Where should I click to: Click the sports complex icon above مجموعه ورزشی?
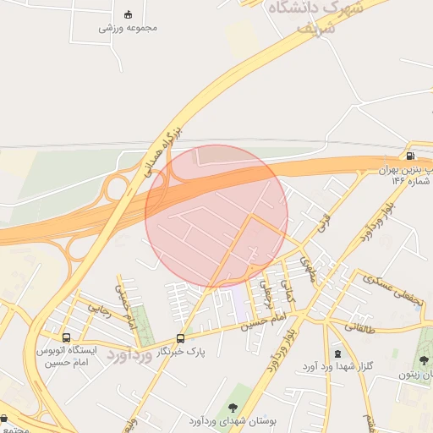point(129,14)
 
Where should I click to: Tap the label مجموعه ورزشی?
point(128,28)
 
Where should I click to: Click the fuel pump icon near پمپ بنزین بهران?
point(410,156)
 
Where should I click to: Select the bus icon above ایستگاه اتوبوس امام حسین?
point(67,337)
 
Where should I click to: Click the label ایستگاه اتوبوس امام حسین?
point(67,355)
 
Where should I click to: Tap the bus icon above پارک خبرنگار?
point(180,337)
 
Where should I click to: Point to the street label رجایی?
point(96,310)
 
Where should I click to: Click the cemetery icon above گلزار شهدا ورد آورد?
point(338,353)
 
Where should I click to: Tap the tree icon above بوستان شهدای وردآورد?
point(233,408)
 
